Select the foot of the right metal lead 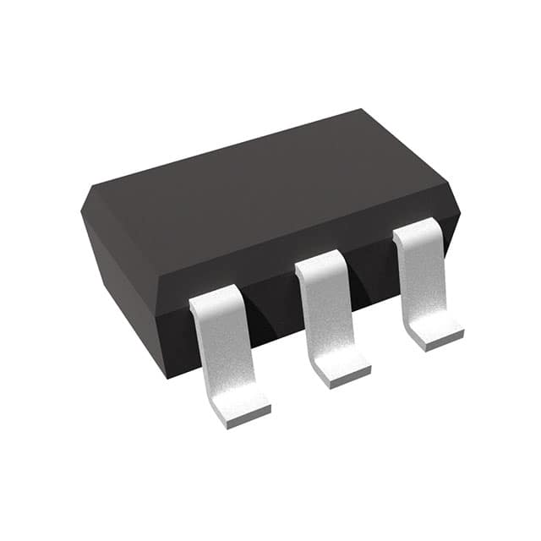[435, 334]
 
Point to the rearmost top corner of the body [362, 111]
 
